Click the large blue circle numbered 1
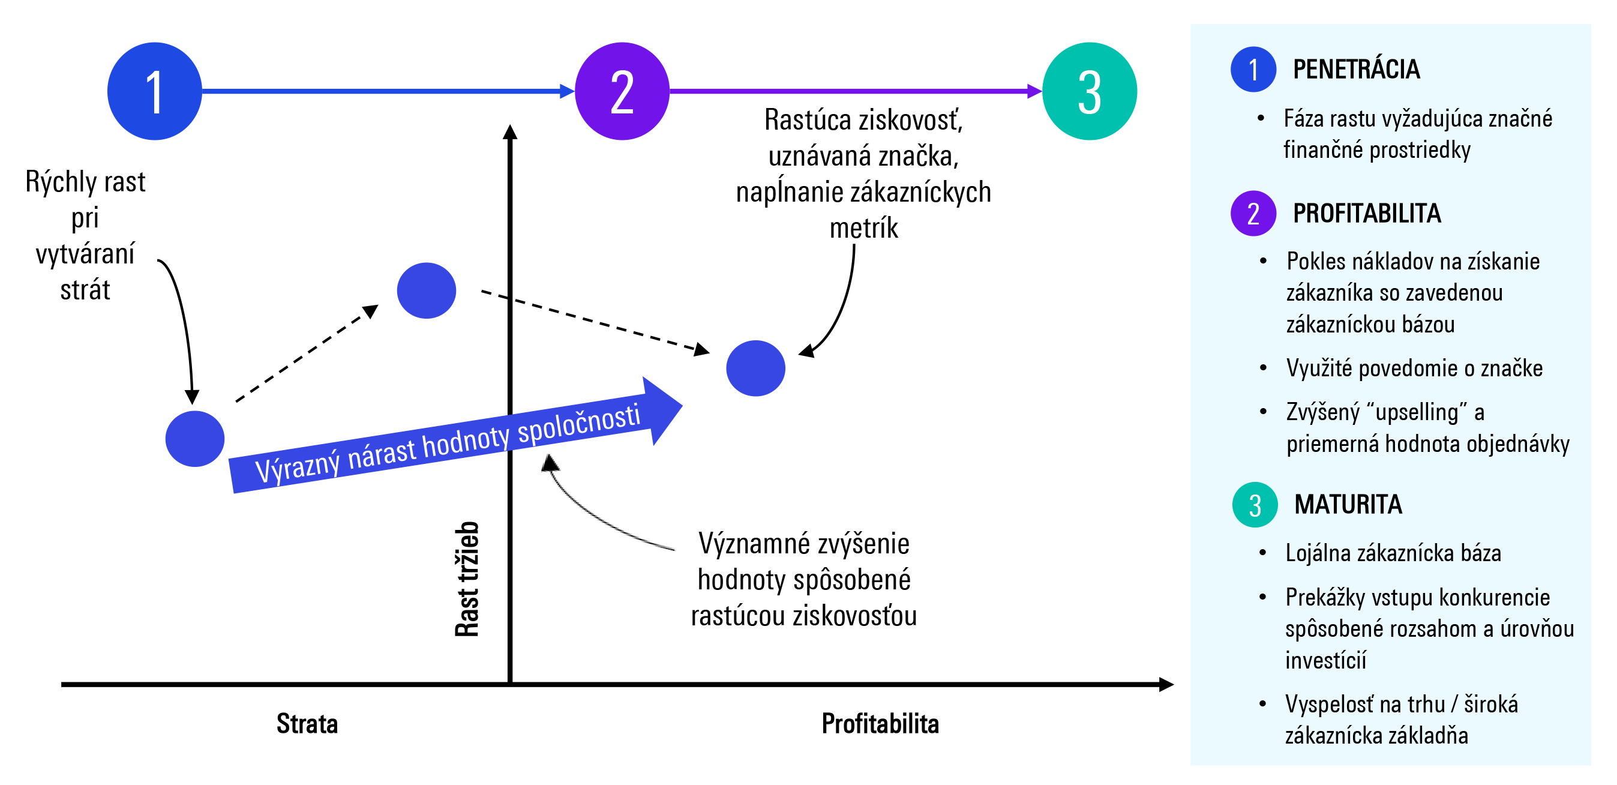pyautogui.click(x=154, y=91)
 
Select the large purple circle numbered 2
pyautogui.click(x=622, y=91)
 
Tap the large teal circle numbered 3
pyautogui.click(x=1089, y=91)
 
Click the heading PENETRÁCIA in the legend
pyautogui.click(x=1356, y=69)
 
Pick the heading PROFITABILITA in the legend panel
pyautogui.click(x=1367, y=214)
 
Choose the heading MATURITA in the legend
pyautogui.click(x=1348, y=504)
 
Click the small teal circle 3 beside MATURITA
pyautogui.click(x=1255, y=505)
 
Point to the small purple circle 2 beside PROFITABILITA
pyautogui.click(x=1253, y=214)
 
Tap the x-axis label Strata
pyautogui.click(x=307, y=723)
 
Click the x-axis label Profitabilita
pyautogui.click(x=880, y=723)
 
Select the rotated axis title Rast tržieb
pyautogui.click(x=467, y=579)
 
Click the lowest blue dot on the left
pyautogui.click(x=194, y=438)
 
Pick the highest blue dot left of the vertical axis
pyautogui.click(x=426, y=290)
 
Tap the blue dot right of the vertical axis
pyautogui.click(x=755, y=368)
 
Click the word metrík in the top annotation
pyautogui.click(x=864, y=228)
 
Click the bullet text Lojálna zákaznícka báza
pyautogui.click(x=1393, y=553)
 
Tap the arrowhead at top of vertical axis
pyautogui.click(x=511, y=131)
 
